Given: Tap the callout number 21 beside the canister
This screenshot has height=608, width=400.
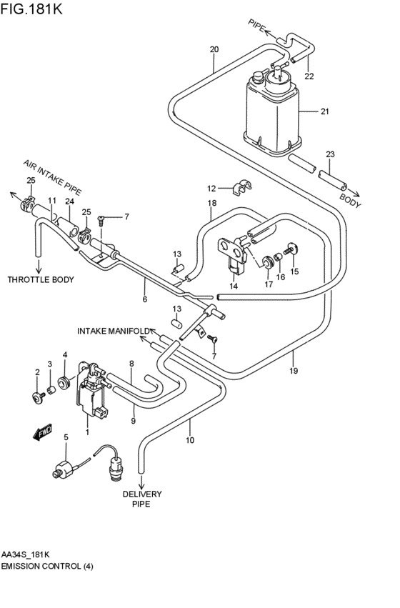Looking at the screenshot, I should pos(325,112).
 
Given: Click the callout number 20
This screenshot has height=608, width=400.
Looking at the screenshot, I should pos(214,49).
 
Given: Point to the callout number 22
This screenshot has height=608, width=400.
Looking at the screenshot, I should pos(309,76).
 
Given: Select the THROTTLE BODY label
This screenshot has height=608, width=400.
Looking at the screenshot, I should pos(41,279).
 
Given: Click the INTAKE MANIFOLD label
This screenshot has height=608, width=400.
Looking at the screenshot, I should pos(113,331).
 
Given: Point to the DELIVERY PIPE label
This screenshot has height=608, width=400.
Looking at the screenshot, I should pos(141,499).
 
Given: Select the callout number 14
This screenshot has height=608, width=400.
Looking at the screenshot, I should pos(234,286).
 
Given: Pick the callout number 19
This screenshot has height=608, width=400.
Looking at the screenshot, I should pos(293,371).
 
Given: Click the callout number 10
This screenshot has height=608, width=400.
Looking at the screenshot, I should pos(190,440).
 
